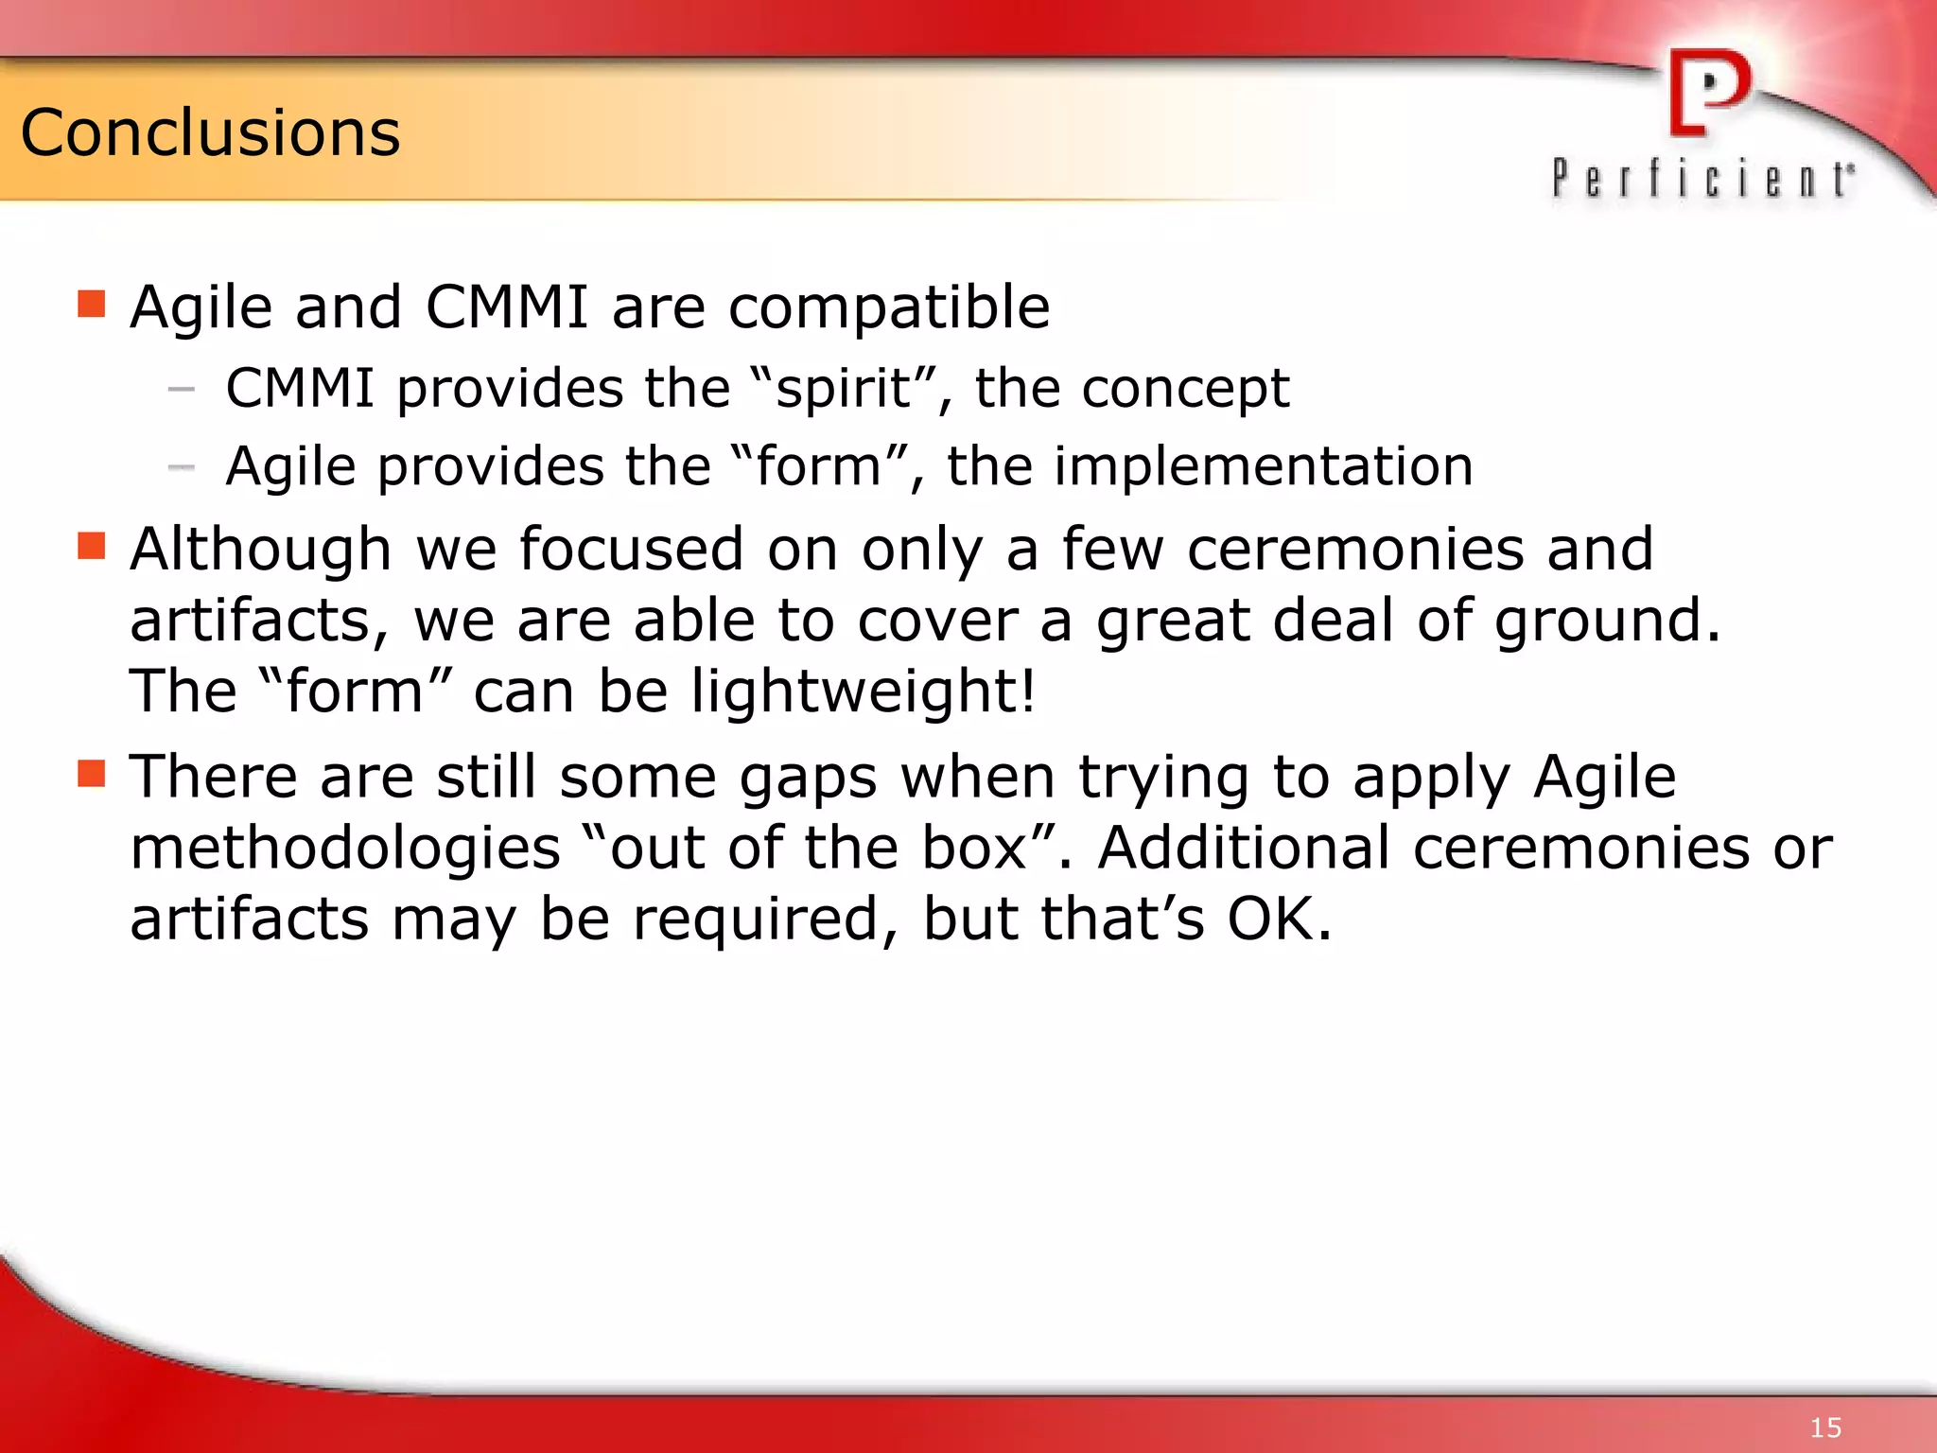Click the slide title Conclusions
210,132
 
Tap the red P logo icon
1708,93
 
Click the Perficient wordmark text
1702,179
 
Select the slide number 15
1825,1427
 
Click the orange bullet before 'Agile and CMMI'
92,305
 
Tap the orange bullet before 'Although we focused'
92,547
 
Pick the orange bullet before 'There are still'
92,774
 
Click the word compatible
889,308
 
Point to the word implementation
1263,466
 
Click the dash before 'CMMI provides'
181,389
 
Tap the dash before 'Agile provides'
181,467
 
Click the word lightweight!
864,691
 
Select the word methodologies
345,849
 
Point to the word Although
260,550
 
